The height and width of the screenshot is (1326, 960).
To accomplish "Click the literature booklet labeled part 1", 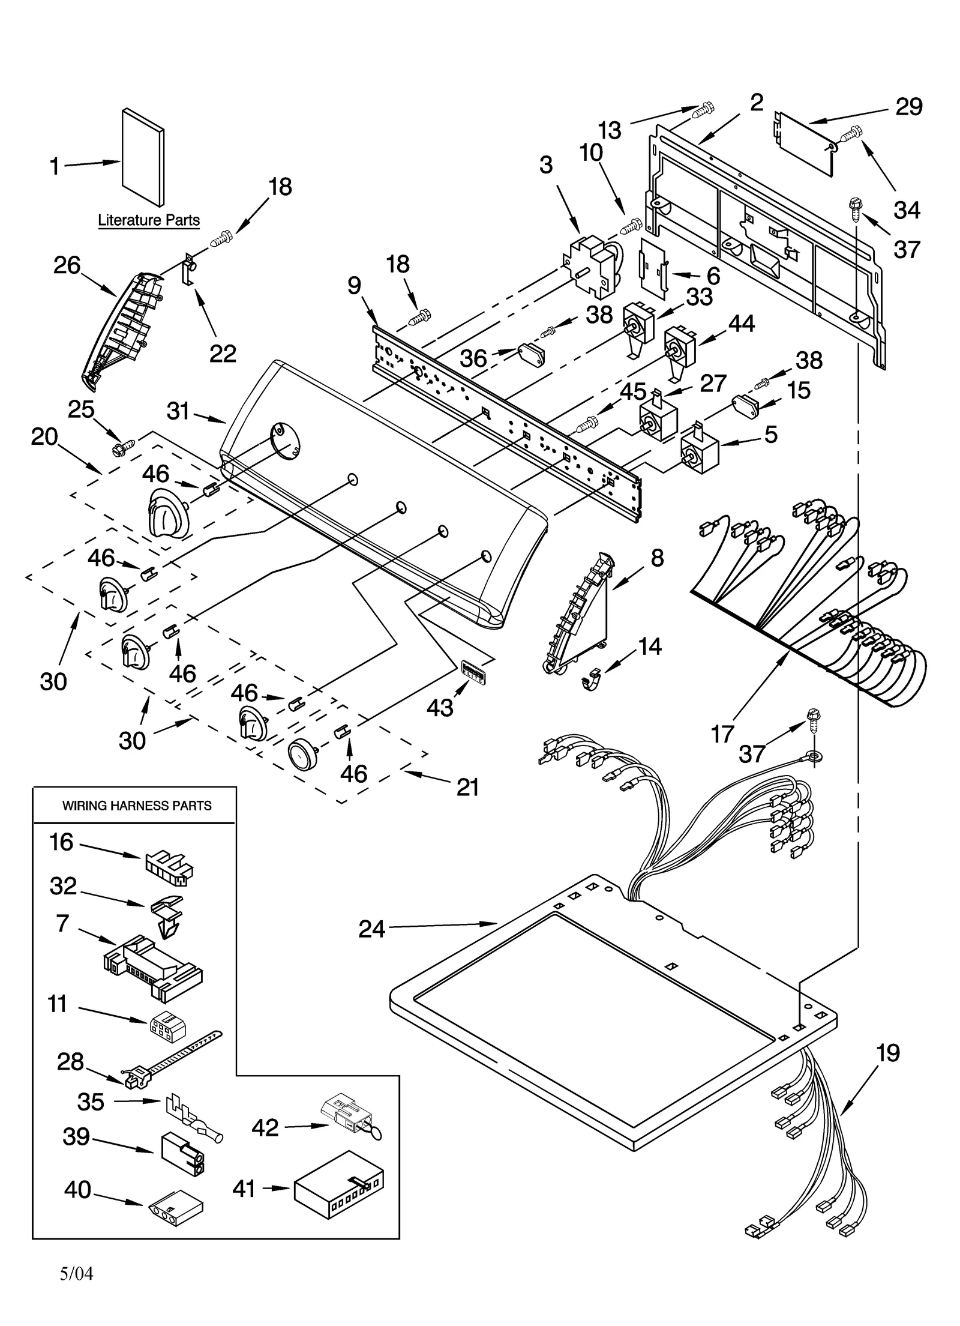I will coord(142,157).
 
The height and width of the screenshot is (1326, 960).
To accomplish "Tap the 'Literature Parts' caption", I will coord(149,220).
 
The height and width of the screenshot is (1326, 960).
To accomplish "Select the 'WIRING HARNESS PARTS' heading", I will coord(137,806).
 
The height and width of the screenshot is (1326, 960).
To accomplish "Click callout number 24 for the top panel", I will coord(371,929).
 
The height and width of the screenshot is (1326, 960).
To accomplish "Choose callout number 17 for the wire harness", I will coord(722,734).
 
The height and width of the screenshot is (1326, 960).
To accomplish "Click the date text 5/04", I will coord(77,1273).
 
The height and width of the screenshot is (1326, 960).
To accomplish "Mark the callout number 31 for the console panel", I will coord(178,412).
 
